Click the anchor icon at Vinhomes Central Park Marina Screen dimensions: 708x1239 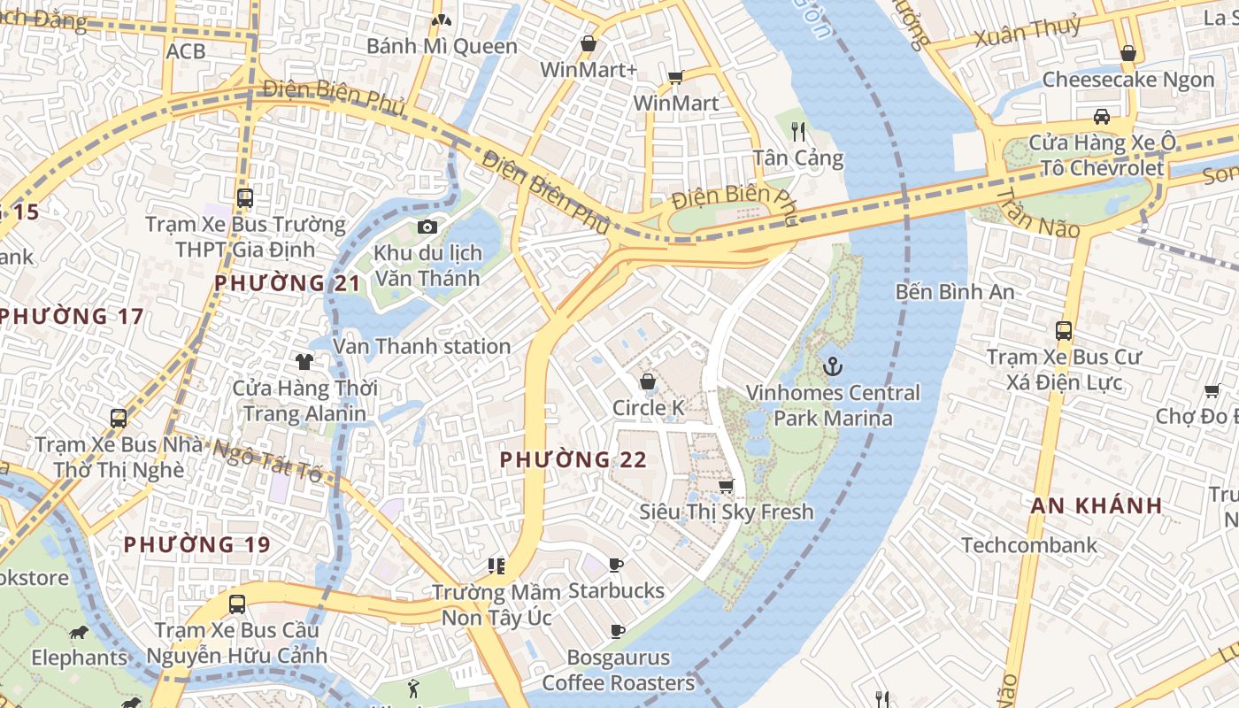(x=833, y=366)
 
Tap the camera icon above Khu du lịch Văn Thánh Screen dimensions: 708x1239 (x=427, y=227)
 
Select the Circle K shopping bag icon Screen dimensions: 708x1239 (x=648, y=381)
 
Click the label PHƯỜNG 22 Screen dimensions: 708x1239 (x=573, y=460)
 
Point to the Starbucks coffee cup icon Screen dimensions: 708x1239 (x=616, y=565)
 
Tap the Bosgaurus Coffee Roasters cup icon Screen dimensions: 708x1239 (x=617, y=632)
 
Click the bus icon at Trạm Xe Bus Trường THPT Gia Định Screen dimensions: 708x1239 (x=245, y=198)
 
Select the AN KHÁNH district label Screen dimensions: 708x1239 (x=1097, y=506)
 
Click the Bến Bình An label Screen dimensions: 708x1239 (x=955, y=291)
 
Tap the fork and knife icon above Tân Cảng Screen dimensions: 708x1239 (x=798, y=133)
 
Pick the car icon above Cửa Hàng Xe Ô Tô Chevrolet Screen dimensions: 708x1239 (x=1102, y=116)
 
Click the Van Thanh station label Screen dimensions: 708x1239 (x=422, y=346)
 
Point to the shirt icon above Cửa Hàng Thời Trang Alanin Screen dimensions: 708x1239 (x=304, y=361)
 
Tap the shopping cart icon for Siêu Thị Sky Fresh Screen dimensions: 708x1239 (x=727, y=486)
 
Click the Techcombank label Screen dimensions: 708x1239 (x=1029, y=545)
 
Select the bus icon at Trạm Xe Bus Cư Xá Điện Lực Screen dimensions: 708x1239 (x=1064, y=331)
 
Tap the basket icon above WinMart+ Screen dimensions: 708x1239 (x=589, y=43)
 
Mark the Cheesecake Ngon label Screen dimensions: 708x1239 (x=1128, y=80)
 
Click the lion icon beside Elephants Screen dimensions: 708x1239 (x=79, y=632)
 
